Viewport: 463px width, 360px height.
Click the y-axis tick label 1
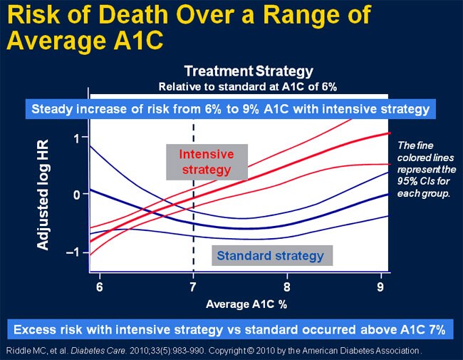76,137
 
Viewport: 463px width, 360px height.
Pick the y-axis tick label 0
76,195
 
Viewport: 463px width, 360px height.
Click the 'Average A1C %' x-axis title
245,304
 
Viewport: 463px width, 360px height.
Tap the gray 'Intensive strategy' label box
205,162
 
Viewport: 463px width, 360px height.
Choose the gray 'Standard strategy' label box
270,255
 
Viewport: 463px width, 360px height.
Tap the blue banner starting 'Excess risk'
230,329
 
